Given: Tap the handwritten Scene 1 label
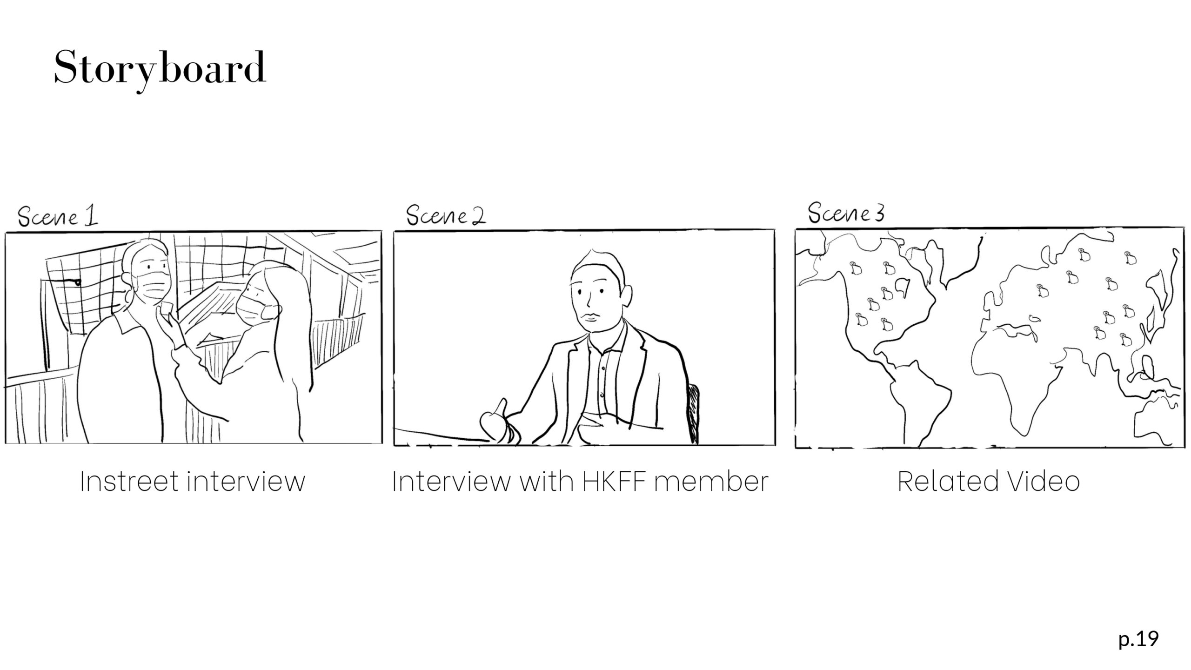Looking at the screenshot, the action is coord(58,217).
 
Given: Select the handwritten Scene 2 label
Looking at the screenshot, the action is coord(446,215).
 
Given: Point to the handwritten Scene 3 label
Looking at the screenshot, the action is coord(846,213).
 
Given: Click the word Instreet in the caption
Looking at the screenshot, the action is coord(129,481).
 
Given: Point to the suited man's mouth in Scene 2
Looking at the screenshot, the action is coord(590,317).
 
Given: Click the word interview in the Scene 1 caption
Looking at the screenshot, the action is coord(246,481).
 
